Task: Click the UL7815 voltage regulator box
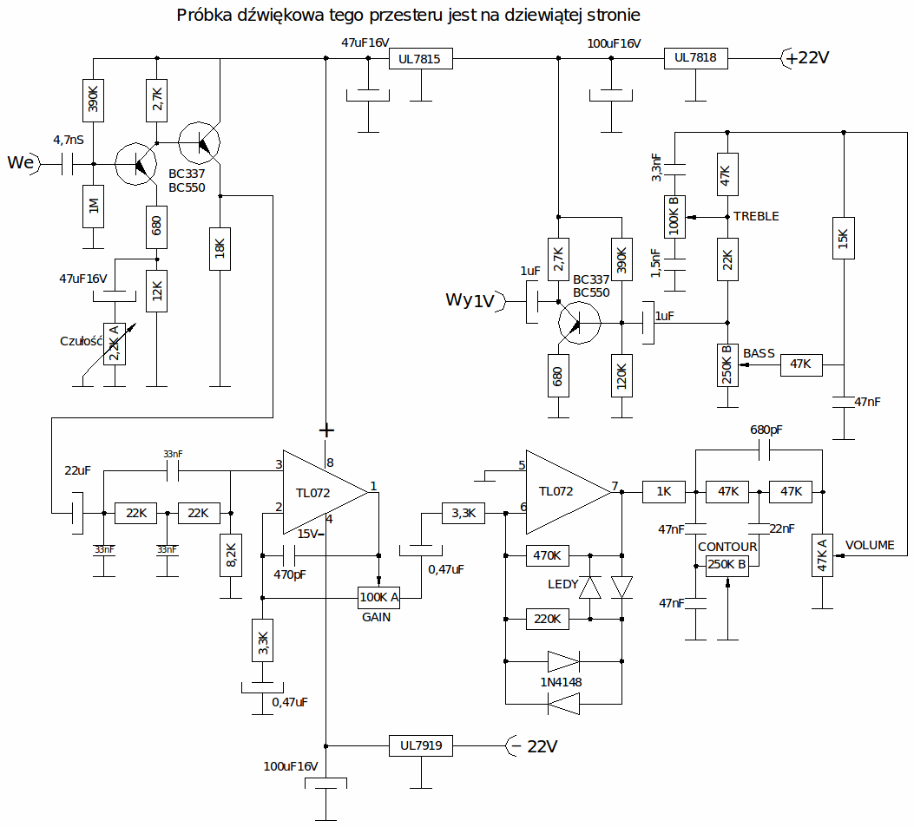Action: [x=420, y=58]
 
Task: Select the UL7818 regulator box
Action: [x=695, y=57]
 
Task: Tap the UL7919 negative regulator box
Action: [x=420, y=745]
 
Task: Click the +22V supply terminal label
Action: [x=807, y=57]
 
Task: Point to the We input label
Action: [x=21, y=162]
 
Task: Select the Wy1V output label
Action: [x=470, y=300]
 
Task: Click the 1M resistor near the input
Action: [x=93, y=207]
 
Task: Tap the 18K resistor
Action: [x=220, y=249]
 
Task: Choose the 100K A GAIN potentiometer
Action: [x=379, y=597]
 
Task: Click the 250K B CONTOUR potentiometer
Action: [x=727, y=565]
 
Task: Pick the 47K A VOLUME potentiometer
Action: [x=822, y=555]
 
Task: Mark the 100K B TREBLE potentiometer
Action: [x=674, y=217]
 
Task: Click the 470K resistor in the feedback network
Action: [x=548, y=555]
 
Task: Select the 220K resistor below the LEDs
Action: [x=548, y=619]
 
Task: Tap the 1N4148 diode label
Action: [x=561, y=682]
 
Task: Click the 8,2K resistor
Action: [x=231, y=555]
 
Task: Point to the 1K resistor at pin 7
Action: [x=664, y=492]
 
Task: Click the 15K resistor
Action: [x=844, y=239]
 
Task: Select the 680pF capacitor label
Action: [x=766, y=430]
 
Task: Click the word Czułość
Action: [x=81, y=342]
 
